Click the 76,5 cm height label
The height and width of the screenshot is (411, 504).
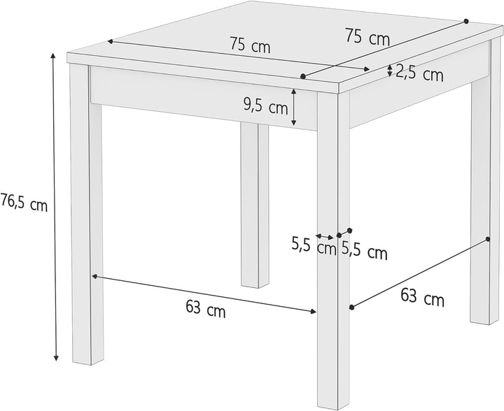(x=24, y=205)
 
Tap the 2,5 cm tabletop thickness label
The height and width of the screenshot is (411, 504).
(x=419, y=73)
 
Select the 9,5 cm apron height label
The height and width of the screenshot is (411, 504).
(x=266, y=107)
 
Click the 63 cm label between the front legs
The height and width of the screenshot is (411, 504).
(x=206, y=309)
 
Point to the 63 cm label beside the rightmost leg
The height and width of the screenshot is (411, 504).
(x=422, y=298)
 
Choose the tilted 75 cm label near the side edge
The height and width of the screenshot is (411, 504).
(x=367, y=37)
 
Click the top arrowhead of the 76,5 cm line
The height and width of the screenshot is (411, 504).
(x=55, y=55)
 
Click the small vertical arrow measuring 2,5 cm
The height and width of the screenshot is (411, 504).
(x=391, y=70)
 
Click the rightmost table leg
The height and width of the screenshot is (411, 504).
(x=481, y=203)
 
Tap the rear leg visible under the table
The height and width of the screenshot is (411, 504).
(x=255, y=203)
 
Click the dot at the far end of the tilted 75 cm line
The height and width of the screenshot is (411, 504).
(x=466, y=20)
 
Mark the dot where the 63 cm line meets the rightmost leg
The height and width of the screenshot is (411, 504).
(x=487, y=240)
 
